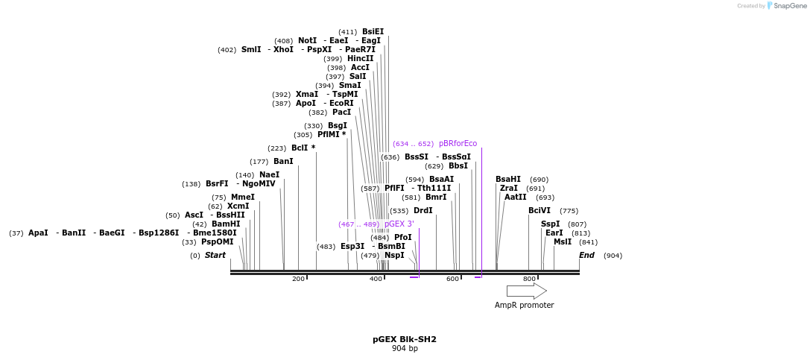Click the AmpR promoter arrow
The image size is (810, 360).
526,291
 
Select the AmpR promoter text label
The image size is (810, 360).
524,305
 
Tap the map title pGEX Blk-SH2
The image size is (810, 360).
405,339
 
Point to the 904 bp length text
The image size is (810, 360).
405,348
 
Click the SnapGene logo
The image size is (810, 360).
787,6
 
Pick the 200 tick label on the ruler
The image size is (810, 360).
298,279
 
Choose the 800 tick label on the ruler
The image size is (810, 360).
529,279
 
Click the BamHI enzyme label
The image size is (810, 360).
226,224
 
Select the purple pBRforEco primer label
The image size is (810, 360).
458,143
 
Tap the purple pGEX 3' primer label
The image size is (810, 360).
399,224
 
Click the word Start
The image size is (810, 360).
215,255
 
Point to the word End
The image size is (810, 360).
586,255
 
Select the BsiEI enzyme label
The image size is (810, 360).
373,31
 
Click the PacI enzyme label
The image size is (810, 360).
341,112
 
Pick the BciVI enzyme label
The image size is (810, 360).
540,210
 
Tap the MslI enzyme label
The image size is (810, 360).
563,241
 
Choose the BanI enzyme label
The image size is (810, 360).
283,161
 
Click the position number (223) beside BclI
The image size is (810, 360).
276,148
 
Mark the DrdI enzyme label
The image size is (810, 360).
423,210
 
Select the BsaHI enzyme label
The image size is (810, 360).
508,179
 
